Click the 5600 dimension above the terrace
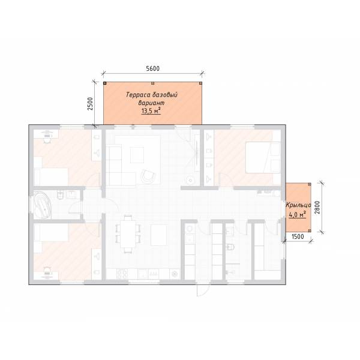(x=152, y=68)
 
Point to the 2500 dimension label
(x=91, y=104)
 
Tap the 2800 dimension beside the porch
(x=317, y=208)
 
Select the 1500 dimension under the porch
(x=298, y=236)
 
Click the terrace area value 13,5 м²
(x=151, y=111)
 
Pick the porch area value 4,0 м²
(x=297, y=215)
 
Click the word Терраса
(x=138, y=95)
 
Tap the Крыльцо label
(x=298, y=205)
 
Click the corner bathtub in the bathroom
(x=42, y=205)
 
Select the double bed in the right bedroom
(x=263, y=157)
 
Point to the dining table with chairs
(x=128, y=234)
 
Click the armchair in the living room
(x=148, y=176)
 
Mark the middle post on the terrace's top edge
(x=152, y=83)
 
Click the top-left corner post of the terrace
(x=104, y=83)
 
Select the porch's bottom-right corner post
(x=310, y=230)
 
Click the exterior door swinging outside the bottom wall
(x=203, y=290)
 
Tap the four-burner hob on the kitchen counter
(x=122, y=274)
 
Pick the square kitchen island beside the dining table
(x=159, y=235)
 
